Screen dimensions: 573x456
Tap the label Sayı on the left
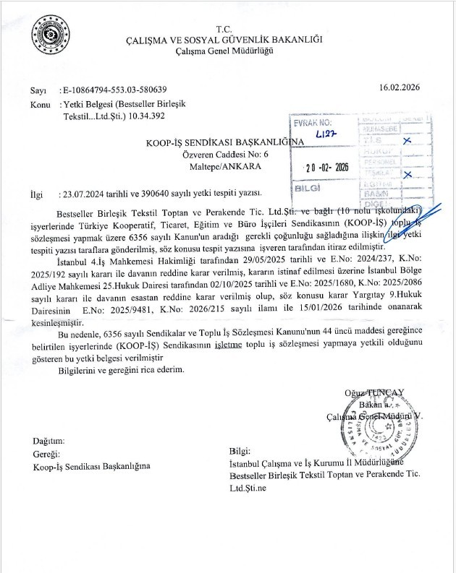pos(38,91)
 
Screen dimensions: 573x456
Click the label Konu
pos(41,104)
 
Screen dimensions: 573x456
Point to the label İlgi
pos(37,194)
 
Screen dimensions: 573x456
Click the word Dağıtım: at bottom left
pos(49,441)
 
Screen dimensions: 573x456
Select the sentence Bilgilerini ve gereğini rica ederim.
pos(122,370)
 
